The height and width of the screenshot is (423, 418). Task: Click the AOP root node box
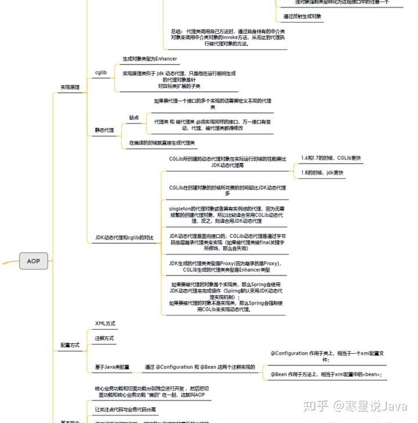click(x=34, y=261)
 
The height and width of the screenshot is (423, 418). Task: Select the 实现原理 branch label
click(x=70, y=87)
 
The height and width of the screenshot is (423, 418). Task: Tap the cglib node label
click(x=100, y=72)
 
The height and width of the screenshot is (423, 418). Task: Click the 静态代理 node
click(x=105, y=130)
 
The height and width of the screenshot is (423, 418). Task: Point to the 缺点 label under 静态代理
click(x=134, y=118)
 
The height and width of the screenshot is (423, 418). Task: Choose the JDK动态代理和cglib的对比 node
click(x=124, y=237)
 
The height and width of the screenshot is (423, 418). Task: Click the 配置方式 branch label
click(x=70, y=345)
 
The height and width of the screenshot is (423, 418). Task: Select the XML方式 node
click(x=105, y=323)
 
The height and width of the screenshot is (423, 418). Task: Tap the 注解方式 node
click(x=105, y=338)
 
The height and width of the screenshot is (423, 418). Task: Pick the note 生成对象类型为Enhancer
click(x=150, y=59)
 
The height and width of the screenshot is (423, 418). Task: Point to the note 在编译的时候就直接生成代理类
click(x=162, y=143)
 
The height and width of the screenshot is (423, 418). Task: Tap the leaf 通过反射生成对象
click(x=302, y=16)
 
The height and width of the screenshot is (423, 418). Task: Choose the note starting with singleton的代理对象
click(x=227, y=214)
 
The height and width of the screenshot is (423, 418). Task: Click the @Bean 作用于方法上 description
click(x=326, y=374)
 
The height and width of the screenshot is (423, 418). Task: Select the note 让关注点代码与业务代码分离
click(x=129, y=409)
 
